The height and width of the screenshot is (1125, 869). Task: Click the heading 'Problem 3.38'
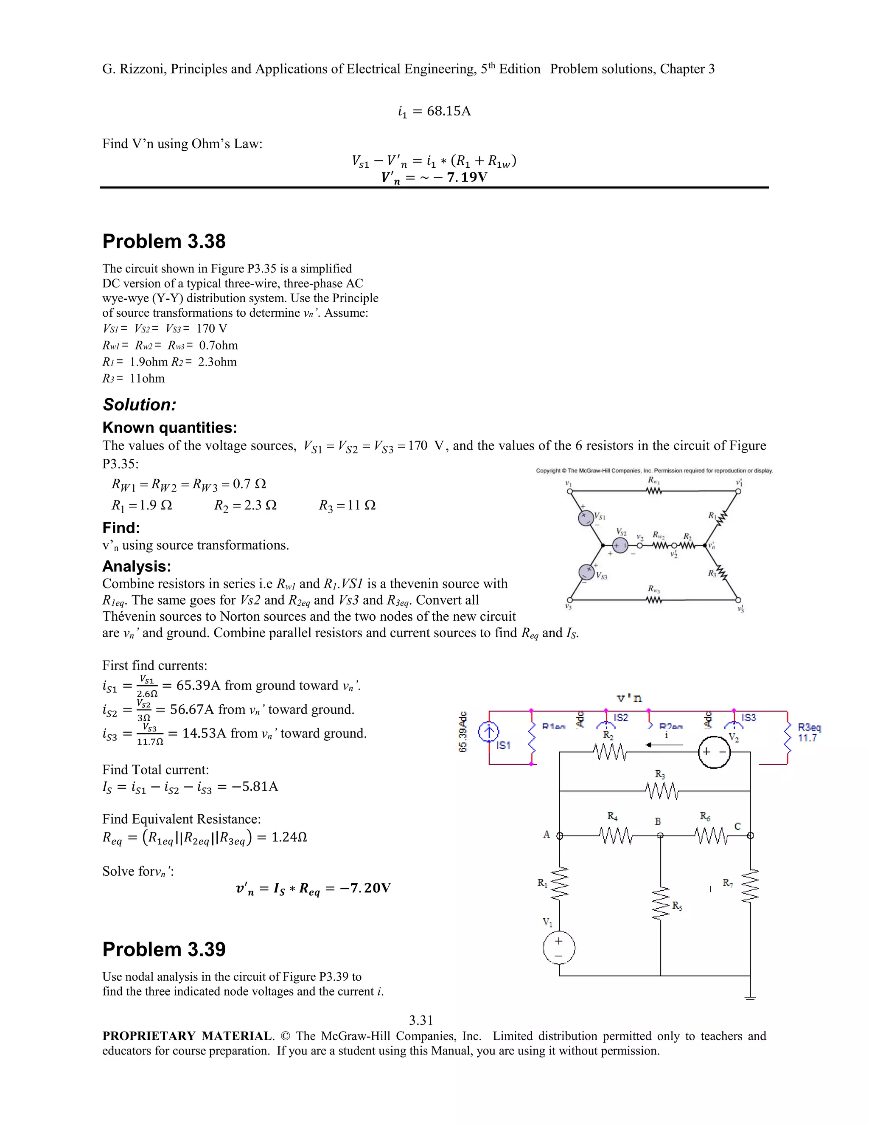point(164,242)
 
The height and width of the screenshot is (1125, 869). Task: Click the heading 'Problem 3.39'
point(164,949)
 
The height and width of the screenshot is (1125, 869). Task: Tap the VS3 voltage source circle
point(586,572)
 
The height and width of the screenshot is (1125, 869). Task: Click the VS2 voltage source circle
point(620,545)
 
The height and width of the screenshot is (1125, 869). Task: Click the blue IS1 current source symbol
point(488,732)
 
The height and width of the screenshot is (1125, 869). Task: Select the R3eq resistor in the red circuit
point(787,737)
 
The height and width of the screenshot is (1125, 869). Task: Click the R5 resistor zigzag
point(661,903)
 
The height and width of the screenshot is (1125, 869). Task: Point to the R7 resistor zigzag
point(750,886)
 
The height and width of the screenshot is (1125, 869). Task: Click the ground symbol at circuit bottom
point(750,997)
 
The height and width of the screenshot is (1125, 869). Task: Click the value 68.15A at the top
point(449,111)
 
